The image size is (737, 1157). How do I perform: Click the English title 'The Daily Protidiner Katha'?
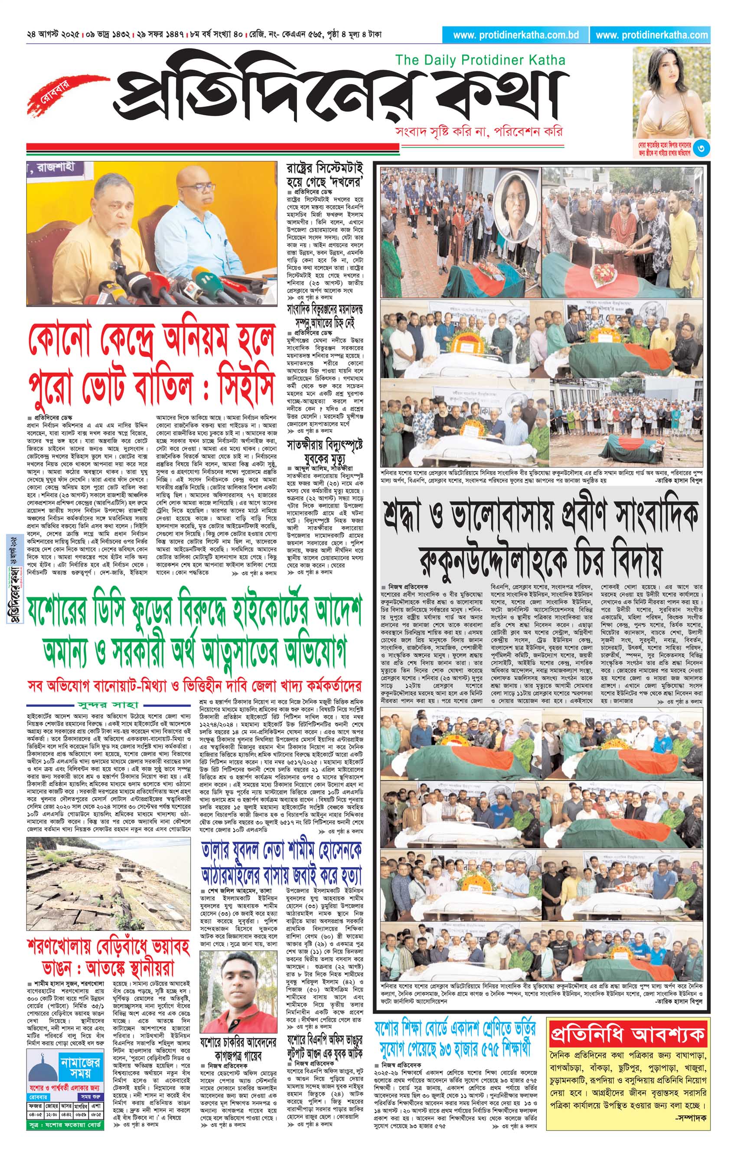pos(480,61)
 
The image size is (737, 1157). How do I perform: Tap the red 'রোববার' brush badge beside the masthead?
pos(56,91)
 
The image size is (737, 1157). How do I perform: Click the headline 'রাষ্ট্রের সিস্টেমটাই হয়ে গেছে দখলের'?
pos(325,175)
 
